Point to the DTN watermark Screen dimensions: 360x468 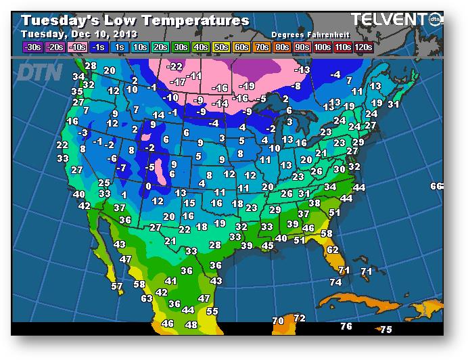pos(41,70)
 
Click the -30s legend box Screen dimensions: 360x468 pos(32,47)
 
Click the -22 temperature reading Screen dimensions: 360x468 pos(175,66)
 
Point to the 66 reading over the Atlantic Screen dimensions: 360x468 pos(436,186)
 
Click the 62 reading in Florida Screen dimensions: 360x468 pos(332,250)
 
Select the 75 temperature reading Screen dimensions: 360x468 pos(385,330)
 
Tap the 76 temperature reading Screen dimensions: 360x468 pos(346,327)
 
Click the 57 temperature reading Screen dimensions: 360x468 pos(117,287)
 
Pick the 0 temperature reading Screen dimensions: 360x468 pos(148,186)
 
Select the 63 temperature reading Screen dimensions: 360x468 pos(147,298)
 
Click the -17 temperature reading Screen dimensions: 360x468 pos(178,82)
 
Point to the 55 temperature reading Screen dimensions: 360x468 pos(212,311)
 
